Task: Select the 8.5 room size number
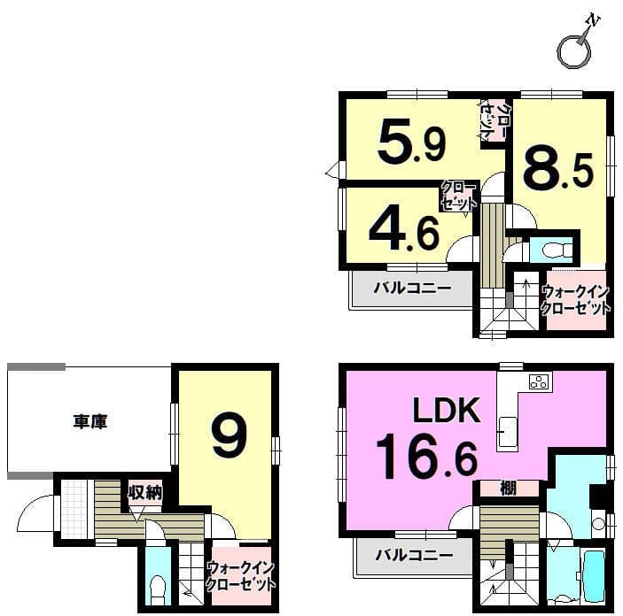point(557,166)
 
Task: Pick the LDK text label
point(447,410)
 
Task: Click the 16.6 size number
point(426,457)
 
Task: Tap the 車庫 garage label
point(90,421)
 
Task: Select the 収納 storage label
point(144,493)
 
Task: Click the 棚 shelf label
point(508,489)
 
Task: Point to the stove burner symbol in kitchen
point(540,381)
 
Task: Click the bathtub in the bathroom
point(595,575)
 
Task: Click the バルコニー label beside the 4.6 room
point(412,288)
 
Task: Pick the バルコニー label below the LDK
point(414,555)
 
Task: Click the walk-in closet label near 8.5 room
point(576,300)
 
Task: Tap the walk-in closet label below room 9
point(241,576)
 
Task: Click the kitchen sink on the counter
point(508,432)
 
